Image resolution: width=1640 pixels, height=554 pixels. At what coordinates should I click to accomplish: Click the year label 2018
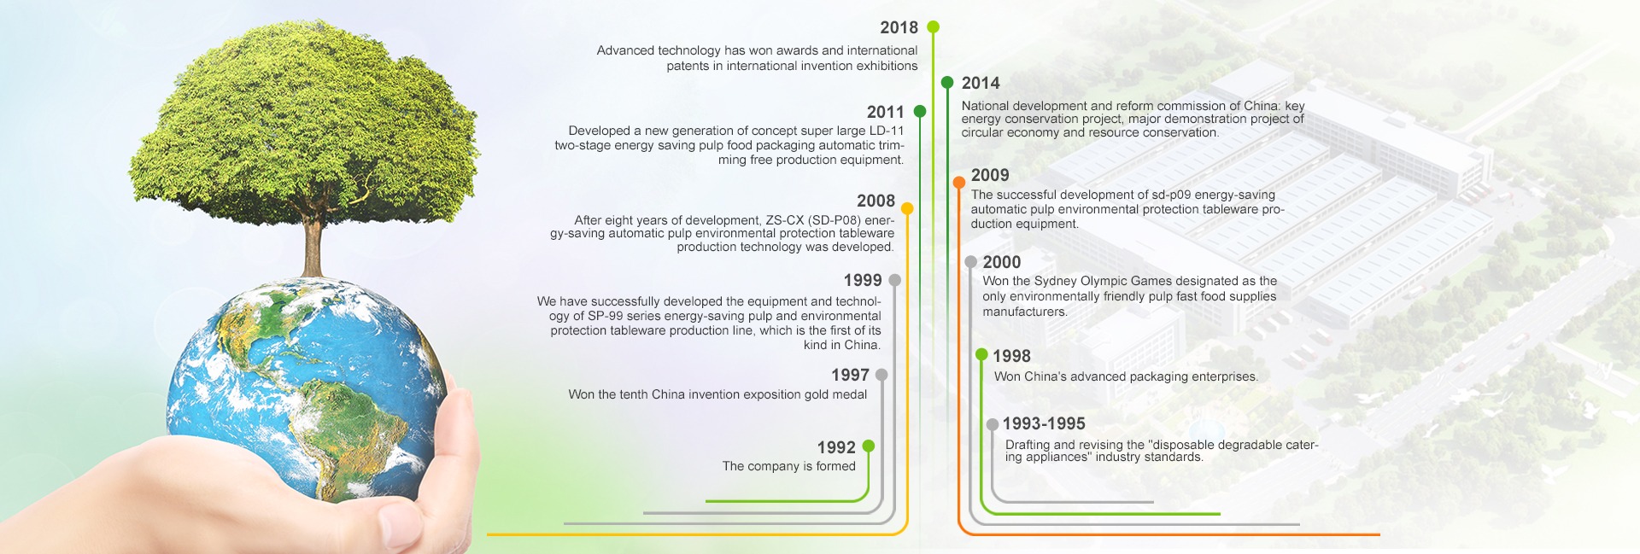(x=899, y=28)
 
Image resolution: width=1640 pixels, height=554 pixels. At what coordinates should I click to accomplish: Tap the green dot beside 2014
(x=947, y=83)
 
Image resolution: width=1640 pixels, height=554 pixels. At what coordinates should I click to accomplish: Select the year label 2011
(x=885, y=112)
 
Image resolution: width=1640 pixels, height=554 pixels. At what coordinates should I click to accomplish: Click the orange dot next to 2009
(x=959, y=182)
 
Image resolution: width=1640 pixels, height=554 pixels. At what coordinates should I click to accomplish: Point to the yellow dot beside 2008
(x=907, y=208)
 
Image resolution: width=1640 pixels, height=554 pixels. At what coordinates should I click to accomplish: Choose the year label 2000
(x=1002, y=262)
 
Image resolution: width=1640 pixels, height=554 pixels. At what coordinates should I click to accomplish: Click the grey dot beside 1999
(x=894, y=280)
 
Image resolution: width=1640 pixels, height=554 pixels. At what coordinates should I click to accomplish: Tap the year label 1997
(x=850, y=375)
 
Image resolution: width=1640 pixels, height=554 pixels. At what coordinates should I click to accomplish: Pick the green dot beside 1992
(x=869, y=446)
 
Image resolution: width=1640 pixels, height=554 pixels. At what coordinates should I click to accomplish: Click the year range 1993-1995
(x=1044, y=423)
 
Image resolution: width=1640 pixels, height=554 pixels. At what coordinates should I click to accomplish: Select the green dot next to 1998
(x=981, y=354)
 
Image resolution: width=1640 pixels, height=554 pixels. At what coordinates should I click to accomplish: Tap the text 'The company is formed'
(x=788, y=466)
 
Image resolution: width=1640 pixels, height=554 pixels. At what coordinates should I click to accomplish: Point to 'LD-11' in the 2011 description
(x=887, y=131)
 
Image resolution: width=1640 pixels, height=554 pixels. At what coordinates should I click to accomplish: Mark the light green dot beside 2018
(x=933, y=27)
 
